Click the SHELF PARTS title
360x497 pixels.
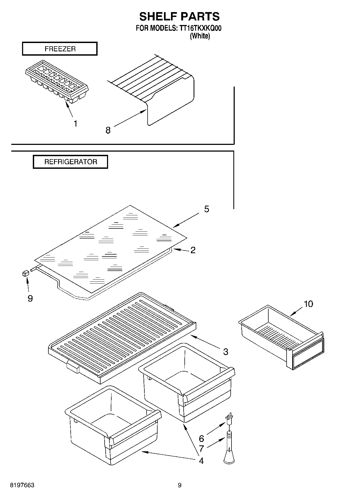click(179, 17)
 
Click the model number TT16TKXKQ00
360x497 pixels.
click(199, 28)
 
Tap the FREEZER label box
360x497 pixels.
click(60, 49)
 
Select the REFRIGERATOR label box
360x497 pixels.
click(70, 162)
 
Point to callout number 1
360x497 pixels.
click(76, 124)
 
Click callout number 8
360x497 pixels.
click(108, 130)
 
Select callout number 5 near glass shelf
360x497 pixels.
click(206, 209)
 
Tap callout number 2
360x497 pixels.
click(193, 250)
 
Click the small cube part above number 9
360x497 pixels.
click(26, 273)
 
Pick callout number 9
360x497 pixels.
click(30, 298)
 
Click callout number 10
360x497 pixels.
click(308, 304)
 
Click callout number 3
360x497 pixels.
click(226, 352)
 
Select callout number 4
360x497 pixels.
click(201, 461)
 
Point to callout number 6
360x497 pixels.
click(201, 439)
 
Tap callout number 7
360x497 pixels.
click(201, 449)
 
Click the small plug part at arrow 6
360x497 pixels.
click(229, 417)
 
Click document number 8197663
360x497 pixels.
click(22, 485)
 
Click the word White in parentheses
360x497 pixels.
click(200, 36)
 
